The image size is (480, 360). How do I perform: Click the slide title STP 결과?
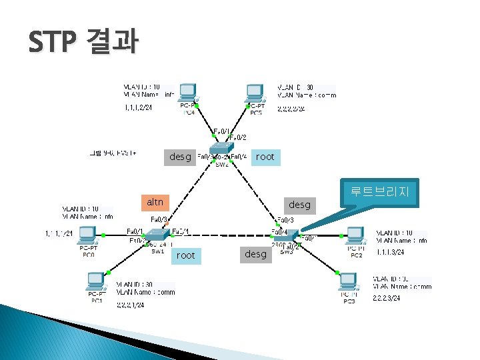click(x=83, y=43)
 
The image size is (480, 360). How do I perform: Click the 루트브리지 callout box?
click(x=378, y=194)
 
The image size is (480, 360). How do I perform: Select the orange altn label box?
click(x=155, y=201)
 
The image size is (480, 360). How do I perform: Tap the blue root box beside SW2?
click(x=265, y=157)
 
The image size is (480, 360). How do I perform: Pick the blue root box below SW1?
click(x=186, y=255)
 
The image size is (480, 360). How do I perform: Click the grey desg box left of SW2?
click(x=180, y=157)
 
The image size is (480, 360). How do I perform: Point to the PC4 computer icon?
click(x=189, y=95)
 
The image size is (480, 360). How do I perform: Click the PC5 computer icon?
click(x=255, y=95)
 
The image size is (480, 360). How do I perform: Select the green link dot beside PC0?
click(x=104, y=235)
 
